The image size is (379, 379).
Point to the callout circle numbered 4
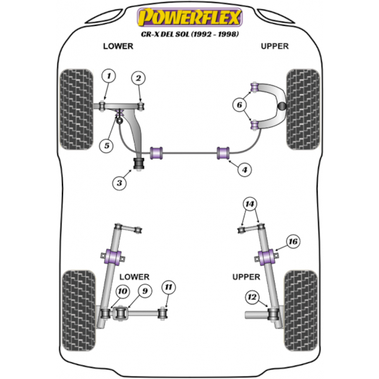pyautogui.click(x=244, y=169)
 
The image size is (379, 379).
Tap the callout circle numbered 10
pyautogui.click(x=122, y=291)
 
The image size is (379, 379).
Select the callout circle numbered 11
pyautogui.click(x=167, y=288)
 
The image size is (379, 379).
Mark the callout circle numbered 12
pyautogui.click(x=252, y=296)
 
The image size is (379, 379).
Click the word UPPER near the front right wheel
pyautogui.click(x=274, y=46)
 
